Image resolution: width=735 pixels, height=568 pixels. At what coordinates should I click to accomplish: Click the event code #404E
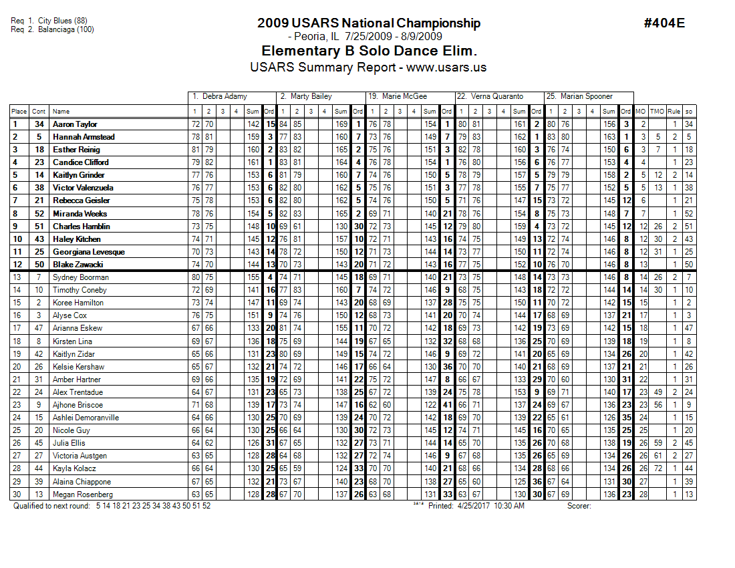(664, 23)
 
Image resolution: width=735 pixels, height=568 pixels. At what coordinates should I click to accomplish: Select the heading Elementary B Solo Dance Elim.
(369, 51)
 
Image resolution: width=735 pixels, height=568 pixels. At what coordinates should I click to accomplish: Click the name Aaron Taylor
(75, 124)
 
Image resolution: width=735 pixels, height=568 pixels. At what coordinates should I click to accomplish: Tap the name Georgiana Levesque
(88, 252)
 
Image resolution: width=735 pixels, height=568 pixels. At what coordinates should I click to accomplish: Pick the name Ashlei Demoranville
(86, 418)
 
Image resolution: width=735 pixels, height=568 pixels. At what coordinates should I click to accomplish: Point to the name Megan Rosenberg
(82, 494)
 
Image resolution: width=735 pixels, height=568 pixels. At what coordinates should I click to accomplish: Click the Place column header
(19, 112)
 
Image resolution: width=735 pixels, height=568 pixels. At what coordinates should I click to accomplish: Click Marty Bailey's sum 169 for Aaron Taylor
(341, 124)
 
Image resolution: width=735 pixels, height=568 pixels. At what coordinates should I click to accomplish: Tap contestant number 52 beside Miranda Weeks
(39, 214)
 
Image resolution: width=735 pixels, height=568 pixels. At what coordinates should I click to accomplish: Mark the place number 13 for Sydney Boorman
(19, 277)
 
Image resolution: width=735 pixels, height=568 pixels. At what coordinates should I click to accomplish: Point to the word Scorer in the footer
(579, 506)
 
